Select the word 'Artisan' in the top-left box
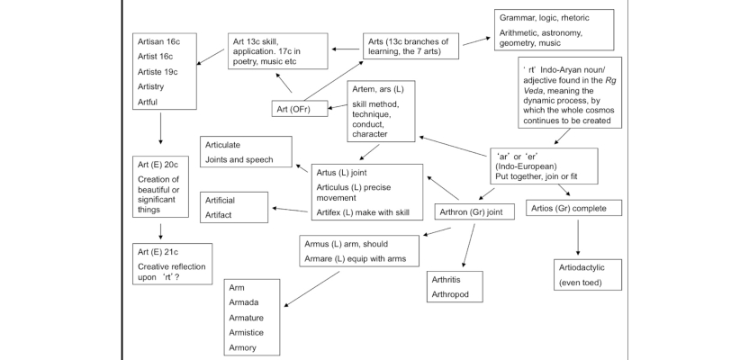151,41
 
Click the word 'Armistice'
246,332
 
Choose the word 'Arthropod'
450,294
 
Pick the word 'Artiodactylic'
582,267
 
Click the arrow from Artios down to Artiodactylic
578,238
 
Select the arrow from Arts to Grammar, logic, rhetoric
477,41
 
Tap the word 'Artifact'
218,215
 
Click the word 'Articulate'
222,145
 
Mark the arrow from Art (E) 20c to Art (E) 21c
160,231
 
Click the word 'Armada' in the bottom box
244,302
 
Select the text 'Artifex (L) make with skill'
363,212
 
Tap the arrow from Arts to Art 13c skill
346,49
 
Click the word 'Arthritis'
447,279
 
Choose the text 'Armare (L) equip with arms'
356,259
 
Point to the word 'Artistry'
150,86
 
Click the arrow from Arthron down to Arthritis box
469,246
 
